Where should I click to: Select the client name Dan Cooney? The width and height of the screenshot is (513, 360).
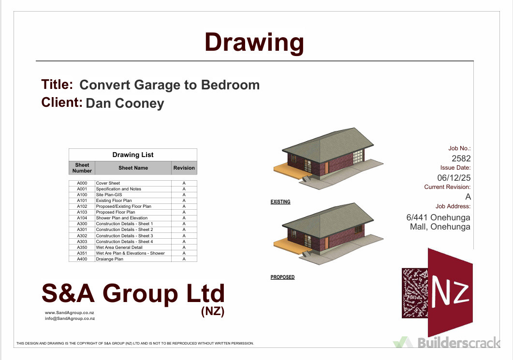125,103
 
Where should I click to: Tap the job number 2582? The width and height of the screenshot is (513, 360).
461,158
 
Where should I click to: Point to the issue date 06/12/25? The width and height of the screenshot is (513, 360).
454,177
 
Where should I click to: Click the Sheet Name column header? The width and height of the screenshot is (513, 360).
133,168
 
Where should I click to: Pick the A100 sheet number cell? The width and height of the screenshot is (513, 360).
82,195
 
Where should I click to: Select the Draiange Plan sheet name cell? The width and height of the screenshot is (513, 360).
110,259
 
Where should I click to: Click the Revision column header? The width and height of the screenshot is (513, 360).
184,168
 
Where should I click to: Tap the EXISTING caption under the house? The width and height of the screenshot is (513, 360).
280,202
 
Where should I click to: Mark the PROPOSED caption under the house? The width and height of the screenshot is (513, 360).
282,277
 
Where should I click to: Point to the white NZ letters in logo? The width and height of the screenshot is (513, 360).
451,291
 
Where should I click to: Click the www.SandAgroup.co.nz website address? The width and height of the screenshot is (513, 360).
70,313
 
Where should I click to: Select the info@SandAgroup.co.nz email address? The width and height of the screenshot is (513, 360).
70,318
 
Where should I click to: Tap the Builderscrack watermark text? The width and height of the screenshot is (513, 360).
458,343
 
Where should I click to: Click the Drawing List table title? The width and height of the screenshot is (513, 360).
133,155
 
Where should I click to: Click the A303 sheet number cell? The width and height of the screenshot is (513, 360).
82,242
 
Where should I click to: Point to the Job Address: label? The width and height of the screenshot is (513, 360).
453,206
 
